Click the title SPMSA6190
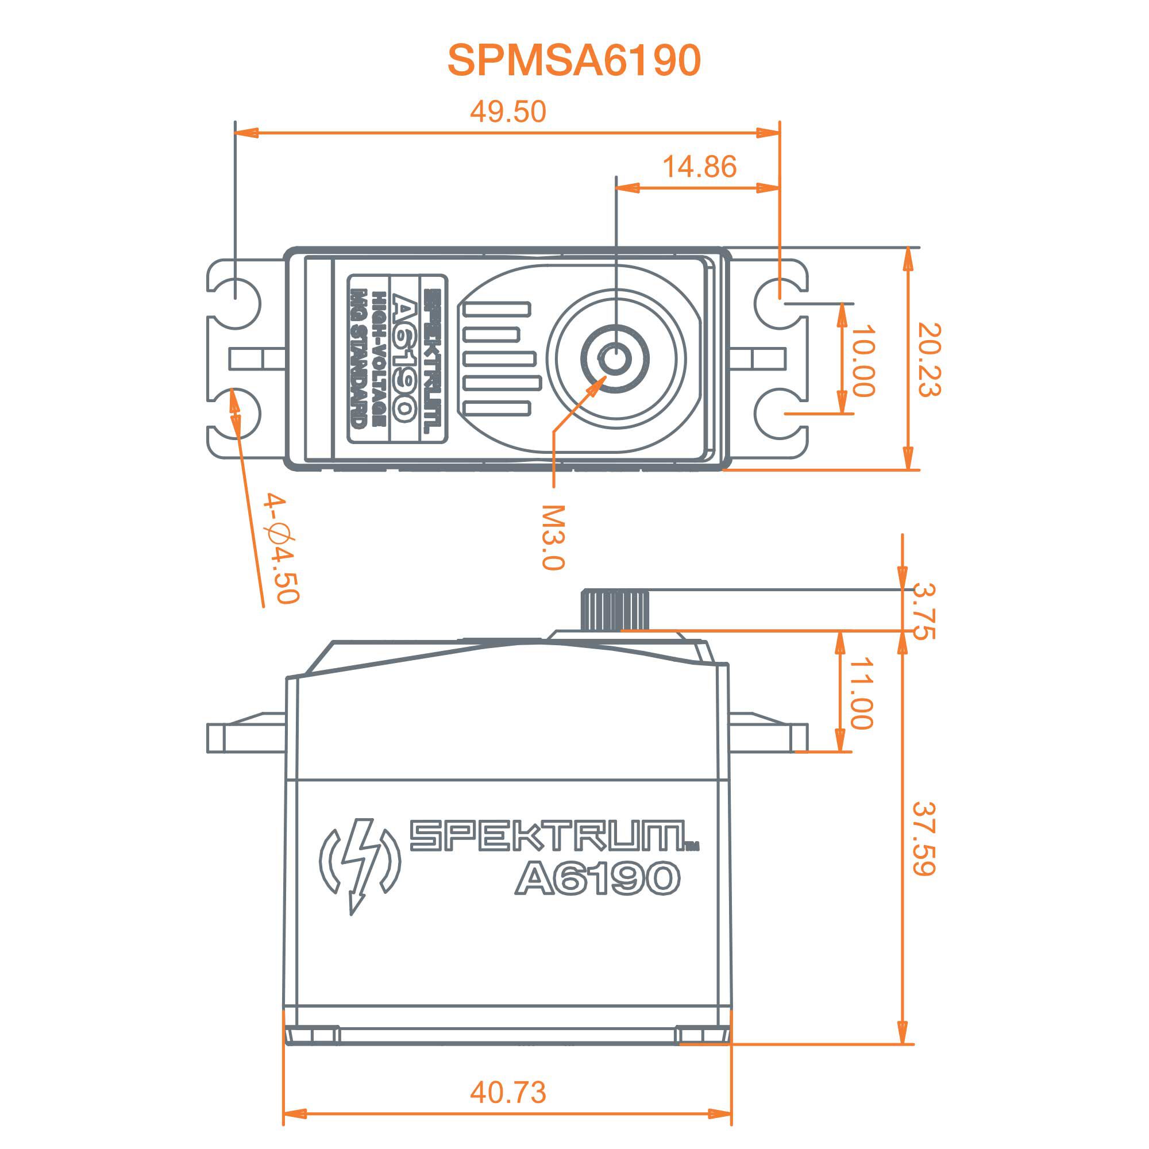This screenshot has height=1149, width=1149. [x=574, y=60]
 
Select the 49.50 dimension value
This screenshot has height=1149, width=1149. [x=507, y=112]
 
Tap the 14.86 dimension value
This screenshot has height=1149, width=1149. [x=699, y=167]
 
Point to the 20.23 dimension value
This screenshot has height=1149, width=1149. [x=929, y=360]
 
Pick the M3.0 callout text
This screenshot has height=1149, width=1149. [x=553, y=538]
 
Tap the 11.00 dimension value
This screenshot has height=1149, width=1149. [x=861, y=693]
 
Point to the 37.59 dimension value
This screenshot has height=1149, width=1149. [x=924, y=839]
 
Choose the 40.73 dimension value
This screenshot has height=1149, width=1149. [x=507, y=1092]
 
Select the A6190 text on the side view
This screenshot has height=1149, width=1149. [x=596, y=878]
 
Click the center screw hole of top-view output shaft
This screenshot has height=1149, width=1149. [x=615, y=359]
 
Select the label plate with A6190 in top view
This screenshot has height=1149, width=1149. [x=396, y=358]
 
